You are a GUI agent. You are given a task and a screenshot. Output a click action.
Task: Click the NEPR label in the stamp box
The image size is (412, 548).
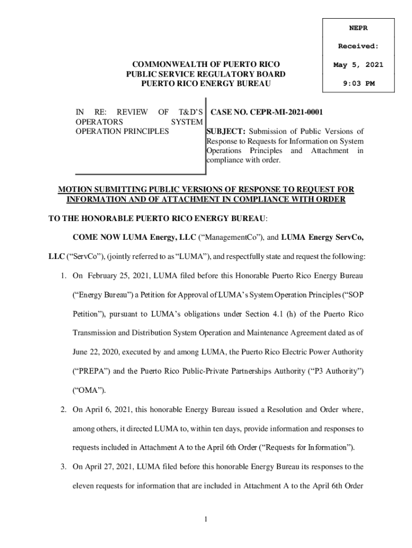pyautogui.click(x=358, y=27)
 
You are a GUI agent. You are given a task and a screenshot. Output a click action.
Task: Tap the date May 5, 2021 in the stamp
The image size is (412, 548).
pyautogui.click(x=358, y=65)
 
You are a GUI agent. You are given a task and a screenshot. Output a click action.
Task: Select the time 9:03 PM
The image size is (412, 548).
pyautogui.click(x=358, y=83)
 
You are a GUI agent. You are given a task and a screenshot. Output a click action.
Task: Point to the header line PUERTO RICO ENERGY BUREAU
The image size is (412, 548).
pyautogui.click(x=205, y=83)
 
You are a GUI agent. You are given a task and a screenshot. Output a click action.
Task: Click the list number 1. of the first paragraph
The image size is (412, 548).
pyautogui.click(x=63, y=276)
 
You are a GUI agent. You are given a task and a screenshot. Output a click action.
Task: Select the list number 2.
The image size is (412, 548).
pyautogui.click(x=63, y=410)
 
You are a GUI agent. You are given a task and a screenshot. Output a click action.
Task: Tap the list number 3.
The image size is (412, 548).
pyautogui.click(x=63, y=467)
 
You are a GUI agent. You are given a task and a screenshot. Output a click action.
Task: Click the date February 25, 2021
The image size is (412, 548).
pyautogui.click(x=119, y=276)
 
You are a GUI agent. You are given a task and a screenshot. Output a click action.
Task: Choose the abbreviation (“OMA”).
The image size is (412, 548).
pyautogui.click(x=89, y=390)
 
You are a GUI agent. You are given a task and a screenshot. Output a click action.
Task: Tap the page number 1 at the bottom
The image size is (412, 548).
pyautogui.click(x=206, y=520)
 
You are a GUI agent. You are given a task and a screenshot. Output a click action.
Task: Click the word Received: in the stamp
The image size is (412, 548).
pyautogui.click(x=358, y=47)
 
